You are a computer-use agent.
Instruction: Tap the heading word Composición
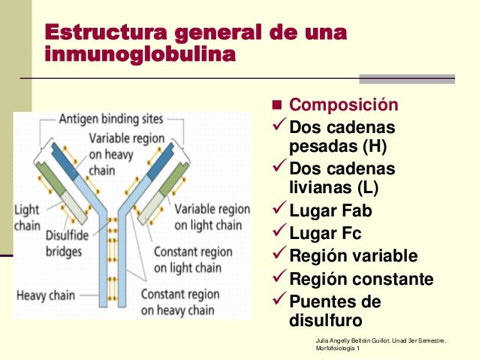(x=344, y=105)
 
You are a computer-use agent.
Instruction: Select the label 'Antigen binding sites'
(x=113, y=119)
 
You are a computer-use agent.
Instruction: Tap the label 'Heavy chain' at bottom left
(x=46, y=295)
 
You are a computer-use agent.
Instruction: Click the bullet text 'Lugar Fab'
(x=330, y=210)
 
